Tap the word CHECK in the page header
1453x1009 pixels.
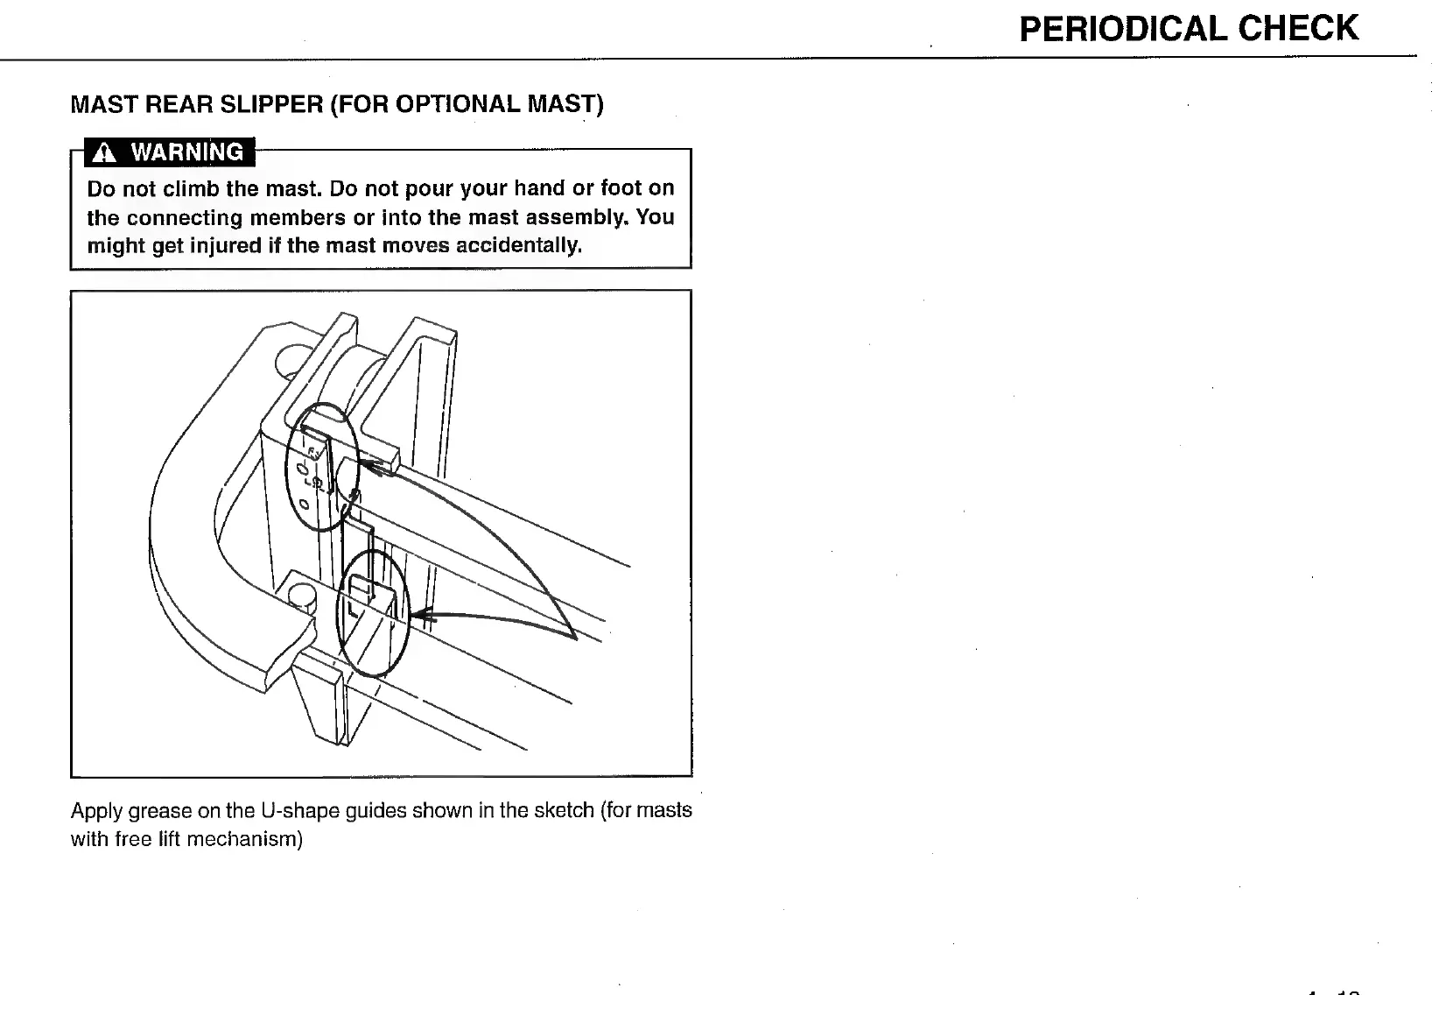(x=1298, y=29)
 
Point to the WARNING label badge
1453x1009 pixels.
(x=170, y=152)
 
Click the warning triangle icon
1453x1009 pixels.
(x=104, y=153)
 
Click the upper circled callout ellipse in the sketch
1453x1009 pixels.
(x=323, y=466)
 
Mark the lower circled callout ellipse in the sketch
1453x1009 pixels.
(x=374, y=613)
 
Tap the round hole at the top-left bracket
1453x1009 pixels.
(x=291, y=360)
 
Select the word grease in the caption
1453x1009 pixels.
(x=161, y=810)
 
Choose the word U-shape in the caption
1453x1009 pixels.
(x=295, y=810)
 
